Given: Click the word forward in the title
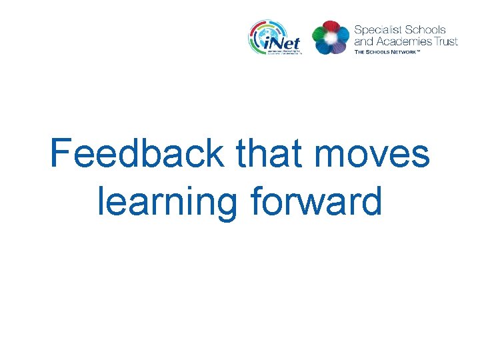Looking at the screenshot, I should (x=316, y=203).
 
